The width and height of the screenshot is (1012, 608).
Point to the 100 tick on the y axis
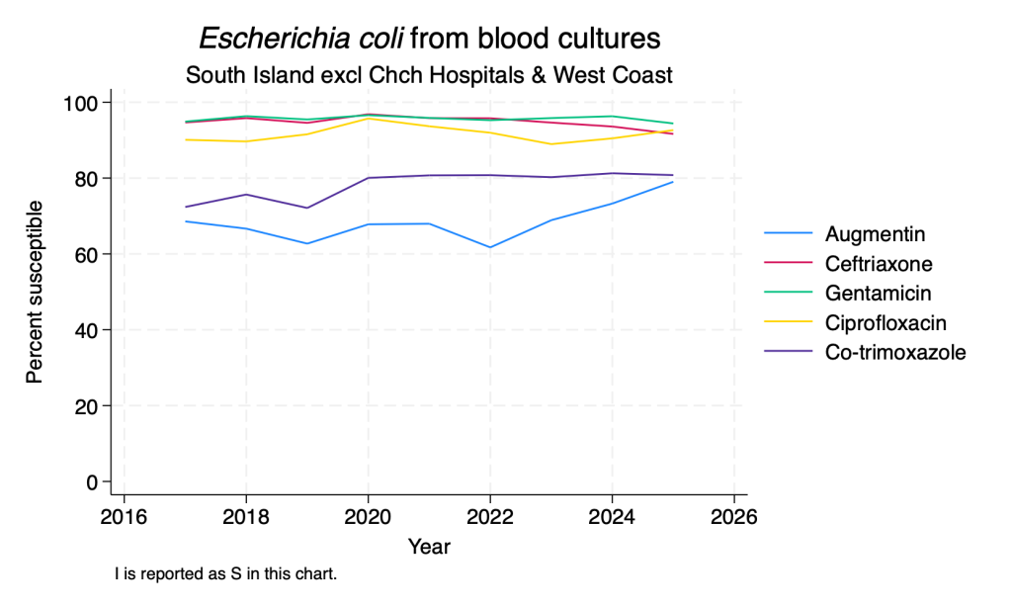point(80,103)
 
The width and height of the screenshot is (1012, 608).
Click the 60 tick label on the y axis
point(86,254)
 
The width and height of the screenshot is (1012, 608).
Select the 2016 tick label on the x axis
point(124,517)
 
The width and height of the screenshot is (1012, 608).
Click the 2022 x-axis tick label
point(490,517)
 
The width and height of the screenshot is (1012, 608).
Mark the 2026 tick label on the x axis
point(734,517)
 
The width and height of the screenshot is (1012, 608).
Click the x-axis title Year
point(429,547)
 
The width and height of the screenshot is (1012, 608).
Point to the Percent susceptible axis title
point(35,293)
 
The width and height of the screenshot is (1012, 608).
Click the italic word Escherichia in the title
point(301,39)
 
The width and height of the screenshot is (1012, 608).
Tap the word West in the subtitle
point(580,75)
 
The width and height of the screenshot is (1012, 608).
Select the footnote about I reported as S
point(226,573)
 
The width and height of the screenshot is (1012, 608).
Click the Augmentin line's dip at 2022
point(490,247)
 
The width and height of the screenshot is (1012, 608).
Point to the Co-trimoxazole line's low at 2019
point(307,208)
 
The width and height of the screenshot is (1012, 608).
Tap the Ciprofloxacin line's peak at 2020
point(368,118)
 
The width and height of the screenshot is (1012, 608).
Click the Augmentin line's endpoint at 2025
point(672,182)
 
